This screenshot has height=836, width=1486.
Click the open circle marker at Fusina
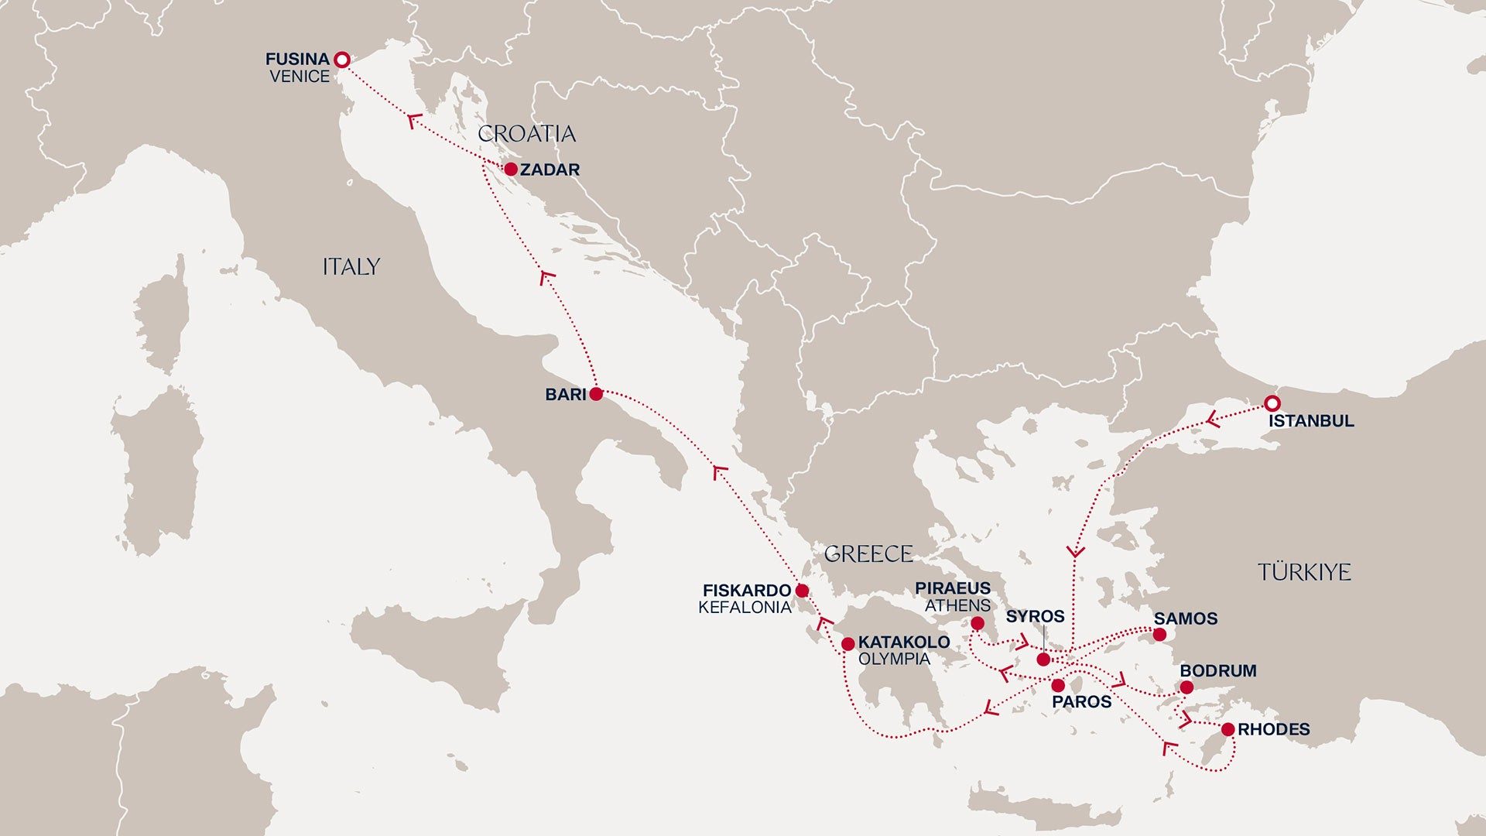click(x=341, y=60)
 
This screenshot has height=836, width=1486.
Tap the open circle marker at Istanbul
click(x=1272, y=403)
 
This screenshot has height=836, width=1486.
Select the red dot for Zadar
click(x=511, y=169)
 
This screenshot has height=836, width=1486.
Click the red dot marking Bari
click(x=596, y=394)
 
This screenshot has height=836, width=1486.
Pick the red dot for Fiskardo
click(x=802, y=591)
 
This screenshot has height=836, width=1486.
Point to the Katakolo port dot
click(x=848, y=644)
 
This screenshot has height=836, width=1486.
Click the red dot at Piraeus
click(x=978, y=623)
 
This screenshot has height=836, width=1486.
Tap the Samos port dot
click(x=1159, y=635)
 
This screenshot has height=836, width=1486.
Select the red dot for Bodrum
click(x=1186, y=687)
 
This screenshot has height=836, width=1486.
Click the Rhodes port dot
click(x=1227, y=729)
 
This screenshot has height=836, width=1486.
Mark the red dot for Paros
click(x=1058, y=685)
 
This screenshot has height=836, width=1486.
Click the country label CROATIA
click(x=526, y=134)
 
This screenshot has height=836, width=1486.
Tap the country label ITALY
click(x=351, y=267)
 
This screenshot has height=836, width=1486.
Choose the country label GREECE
click(x=868, y=554)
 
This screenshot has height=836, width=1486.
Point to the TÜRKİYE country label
click(x=1304, y=573)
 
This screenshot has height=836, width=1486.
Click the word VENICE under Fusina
click(x=300, y=77)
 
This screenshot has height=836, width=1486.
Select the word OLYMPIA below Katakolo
click(x=894, y=660)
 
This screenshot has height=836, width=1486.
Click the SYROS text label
click(x=1035, y=616)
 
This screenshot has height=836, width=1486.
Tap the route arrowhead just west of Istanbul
click(x=1213, y=421)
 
